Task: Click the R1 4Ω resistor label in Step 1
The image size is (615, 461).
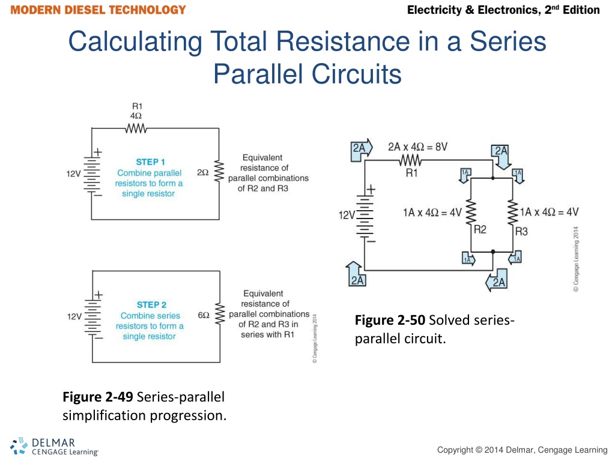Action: click(136, 111)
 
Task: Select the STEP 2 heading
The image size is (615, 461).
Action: click(151, 305)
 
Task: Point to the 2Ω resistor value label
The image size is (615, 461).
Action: click(202, 173)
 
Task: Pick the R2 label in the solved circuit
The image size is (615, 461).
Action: click(480, 229)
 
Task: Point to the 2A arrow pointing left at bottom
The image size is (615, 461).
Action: click(496, 282)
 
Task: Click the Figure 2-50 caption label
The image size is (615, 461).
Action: click(390, 319)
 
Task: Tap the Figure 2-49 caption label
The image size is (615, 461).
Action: click(98, 397)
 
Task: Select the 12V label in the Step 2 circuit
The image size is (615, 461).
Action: click(74, 316)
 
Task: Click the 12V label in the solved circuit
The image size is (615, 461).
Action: click(348, 214)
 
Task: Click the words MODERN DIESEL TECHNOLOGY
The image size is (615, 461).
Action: click(98, 10)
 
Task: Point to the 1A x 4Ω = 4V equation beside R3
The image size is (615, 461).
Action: click(550, 211)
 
